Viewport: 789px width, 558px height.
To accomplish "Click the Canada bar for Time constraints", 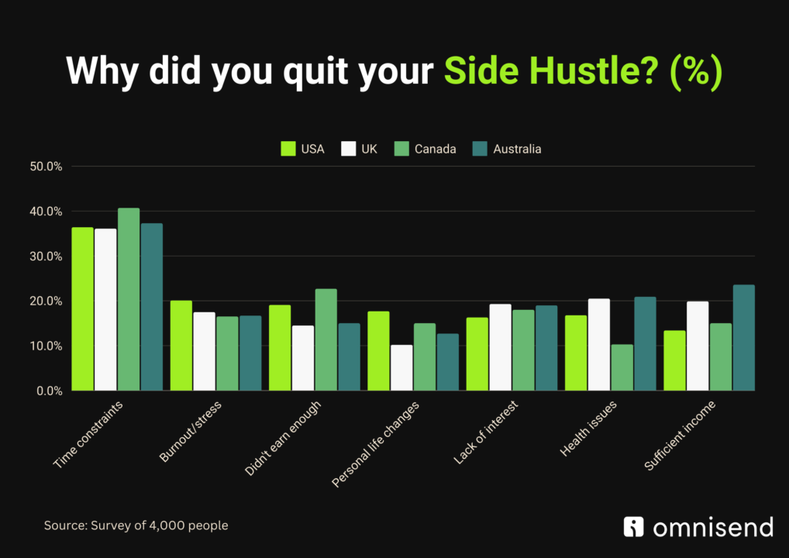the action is [129, 299].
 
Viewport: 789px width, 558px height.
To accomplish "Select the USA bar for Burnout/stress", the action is [181, 346].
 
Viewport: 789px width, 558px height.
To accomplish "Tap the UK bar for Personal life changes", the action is [401, 368].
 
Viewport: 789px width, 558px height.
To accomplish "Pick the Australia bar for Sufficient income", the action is [744, 338].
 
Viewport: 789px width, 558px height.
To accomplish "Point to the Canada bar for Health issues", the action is [622, 367].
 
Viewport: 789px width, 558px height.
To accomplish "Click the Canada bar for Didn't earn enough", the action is [326, 339].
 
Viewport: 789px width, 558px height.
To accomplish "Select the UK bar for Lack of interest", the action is [500, 347].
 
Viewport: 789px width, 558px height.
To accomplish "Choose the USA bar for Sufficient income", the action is [674, 361].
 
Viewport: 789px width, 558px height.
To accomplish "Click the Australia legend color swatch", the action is [480, 149].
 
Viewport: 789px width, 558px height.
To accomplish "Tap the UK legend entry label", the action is [370, 149].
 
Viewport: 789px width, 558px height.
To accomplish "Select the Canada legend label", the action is [436, 149].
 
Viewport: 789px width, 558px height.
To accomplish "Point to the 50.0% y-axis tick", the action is [46, 167].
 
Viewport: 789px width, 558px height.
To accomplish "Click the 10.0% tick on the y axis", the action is [46, 346].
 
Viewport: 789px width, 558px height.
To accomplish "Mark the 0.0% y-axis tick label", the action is [50, 391].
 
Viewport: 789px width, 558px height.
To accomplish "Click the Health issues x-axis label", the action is [588, 429].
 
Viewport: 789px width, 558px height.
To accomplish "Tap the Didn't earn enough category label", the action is [283, 438].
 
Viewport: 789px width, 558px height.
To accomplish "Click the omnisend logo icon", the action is [633, 527].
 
